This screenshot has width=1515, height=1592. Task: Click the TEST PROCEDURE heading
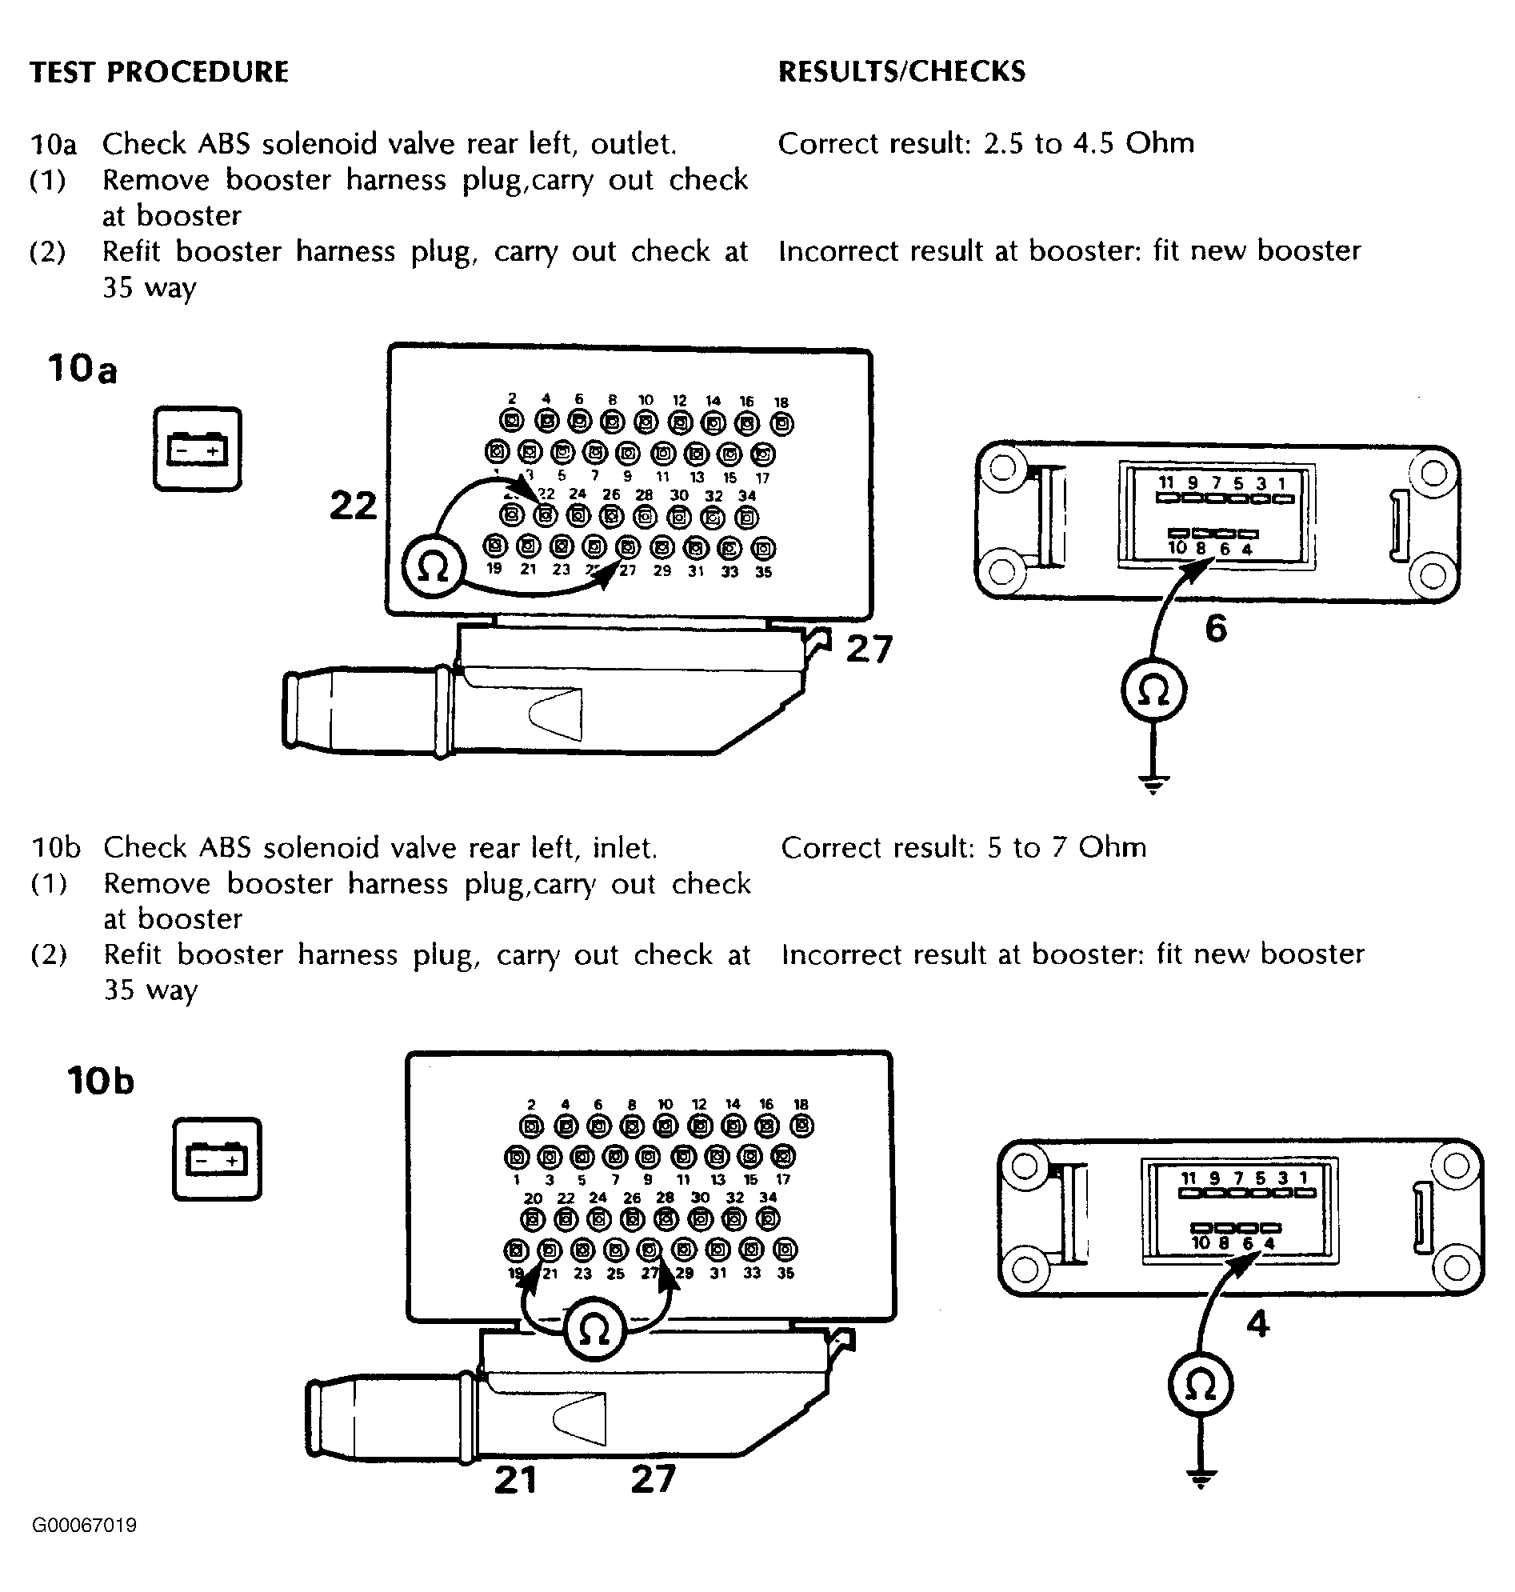click(x=159, y=72)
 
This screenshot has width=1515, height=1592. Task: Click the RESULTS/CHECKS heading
click(x=901, y=72)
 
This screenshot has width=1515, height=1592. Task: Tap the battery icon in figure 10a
click(x=197, y=449)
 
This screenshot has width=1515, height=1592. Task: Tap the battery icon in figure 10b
click(x=217, y=1159)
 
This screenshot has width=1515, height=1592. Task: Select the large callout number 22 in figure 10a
click(x=353, y=506)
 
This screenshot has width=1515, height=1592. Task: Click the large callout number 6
click(x=1215, y=627)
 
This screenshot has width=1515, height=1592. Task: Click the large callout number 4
click(x=1257, y=1323)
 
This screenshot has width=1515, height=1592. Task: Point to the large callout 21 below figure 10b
click(x=515, y=1480)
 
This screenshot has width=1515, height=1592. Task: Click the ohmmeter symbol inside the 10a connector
click(x=433, y=569)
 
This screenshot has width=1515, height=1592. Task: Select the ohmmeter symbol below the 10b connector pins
click(x=594, y=1330)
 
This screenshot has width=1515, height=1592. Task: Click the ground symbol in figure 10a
click(x=1153, y=782)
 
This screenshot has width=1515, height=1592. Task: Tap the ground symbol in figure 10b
click(x=1200, y=1479)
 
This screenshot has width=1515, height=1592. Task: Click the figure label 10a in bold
click(x=82, y=369)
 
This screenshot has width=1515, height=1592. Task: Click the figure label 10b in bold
click(x=100, y=1081)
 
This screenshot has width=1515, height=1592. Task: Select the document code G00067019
click(x=85, y=1526)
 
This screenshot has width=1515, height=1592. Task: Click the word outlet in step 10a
click(x=633, y=144)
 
